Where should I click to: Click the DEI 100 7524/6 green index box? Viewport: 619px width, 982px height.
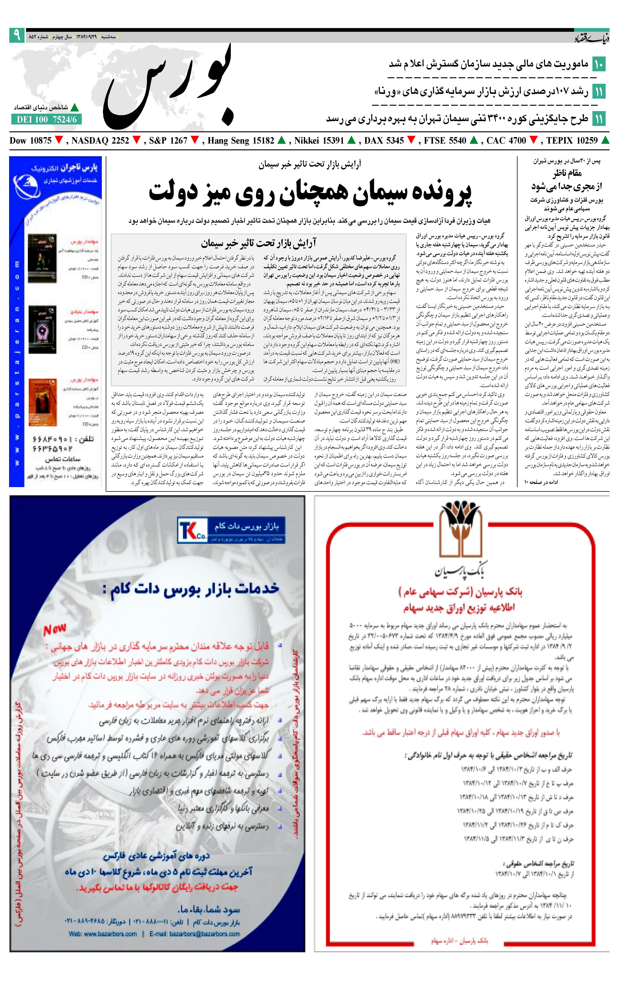click(x=46, y=119)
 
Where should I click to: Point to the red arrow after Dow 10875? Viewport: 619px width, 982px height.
click(x=59, y=140)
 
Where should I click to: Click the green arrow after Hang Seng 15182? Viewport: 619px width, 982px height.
click(x=282, y=140)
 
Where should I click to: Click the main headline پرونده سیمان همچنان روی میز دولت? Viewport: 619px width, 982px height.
click(x=310, y=192)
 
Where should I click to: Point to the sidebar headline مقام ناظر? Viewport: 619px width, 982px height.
click(x=567, y=173)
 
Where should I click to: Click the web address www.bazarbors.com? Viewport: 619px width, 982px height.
click(x=103, y=934)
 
